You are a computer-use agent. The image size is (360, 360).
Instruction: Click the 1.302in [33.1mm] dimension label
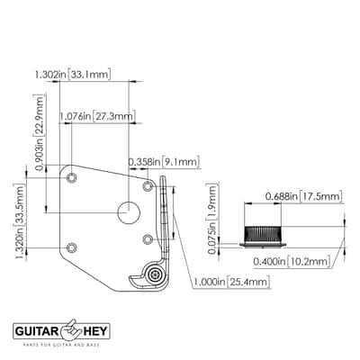click(73, 74)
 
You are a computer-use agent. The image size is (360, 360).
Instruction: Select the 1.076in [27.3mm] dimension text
click(97, 116)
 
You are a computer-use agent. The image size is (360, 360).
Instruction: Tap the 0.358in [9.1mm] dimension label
click(164, 162)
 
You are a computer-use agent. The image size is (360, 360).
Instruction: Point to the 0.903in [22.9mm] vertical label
click(40, 132)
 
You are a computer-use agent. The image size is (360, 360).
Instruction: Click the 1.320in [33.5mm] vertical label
click(20, 223)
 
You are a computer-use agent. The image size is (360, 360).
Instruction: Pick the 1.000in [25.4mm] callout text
click(231, 282)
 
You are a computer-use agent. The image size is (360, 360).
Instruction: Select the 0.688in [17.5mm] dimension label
click(303, 196)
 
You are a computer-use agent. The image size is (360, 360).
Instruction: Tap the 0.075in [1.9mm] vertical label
click(212, 220)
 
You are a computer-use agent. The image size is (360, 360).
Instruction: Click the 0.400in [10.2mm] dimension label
click(292, 261)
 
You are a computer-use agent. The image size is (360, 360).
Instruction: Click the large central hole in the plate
click(129, 212)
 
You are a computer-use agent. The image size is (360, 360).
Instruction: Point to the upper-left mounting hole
click(71, 178)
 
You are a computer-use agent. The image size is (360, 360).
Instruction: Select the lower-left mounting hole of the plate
click(71, 247)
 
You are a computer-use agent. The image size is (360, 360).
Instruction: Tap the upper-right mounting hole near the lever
click(148, 186)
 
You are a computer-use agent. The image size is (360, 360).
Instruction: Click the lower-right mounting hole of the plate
click(148, 239)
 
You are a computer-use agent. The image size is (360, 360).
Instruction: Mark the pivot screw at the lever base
click(156, 274)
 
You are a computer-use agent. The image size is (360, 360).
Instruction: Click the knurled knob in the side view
click(263, 234)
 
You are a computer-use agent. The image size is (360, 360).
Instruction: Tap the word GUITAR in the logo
click(37, 331)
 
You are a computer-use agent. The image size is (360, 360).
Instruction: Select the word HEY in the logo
click(95, 331)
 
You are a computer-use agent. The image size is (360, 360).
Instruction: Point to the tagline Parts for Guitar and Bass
click(61, 345)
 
